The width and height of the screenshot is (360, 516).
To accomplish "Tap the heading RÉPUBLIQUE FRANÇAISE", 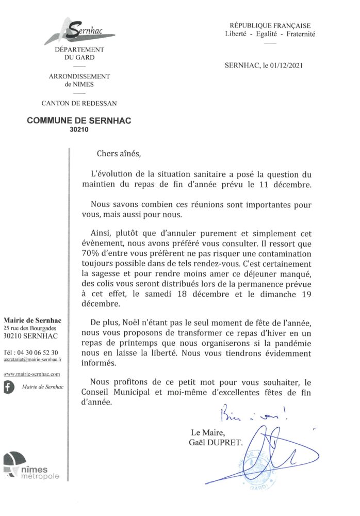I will pos(270,25).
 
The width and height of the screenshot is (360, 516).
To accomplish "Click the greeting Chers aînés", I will pos(118,153).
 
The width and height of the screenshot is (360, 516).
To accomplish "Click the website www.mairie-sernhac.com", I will pos(32,374).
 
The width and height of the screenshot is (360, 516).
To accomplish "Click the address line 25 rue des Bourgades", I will pos(30,329).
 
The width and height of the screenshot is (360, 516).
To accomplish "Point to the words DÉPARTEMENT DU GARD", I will pos(79,53).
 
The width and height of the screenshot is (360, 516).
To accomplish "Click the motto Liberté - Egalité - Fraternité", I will pos(270,34).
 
